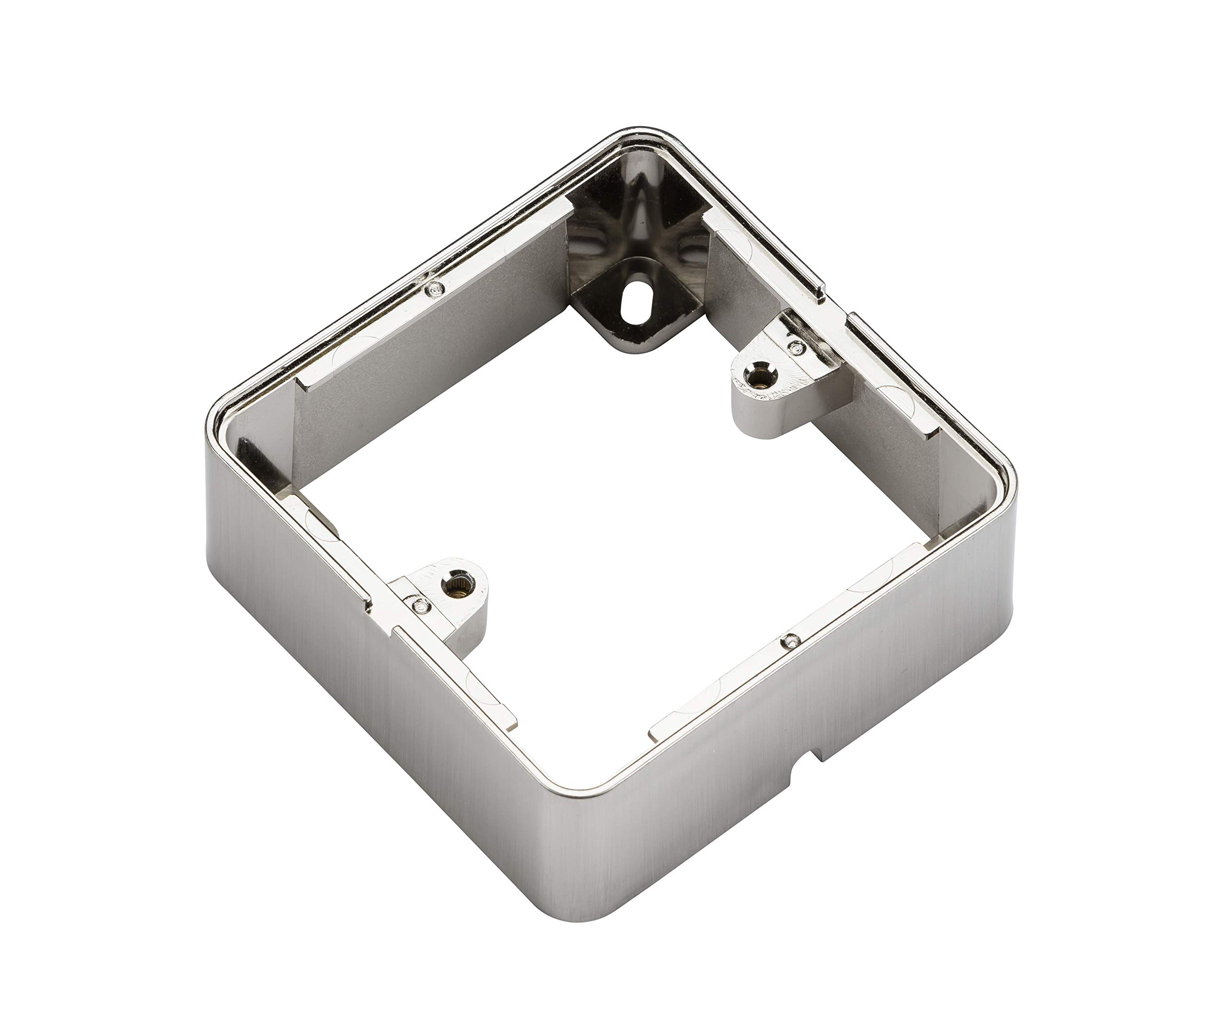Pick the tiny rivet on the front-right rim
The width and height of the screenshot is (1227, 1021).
(x=791, y=641)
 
